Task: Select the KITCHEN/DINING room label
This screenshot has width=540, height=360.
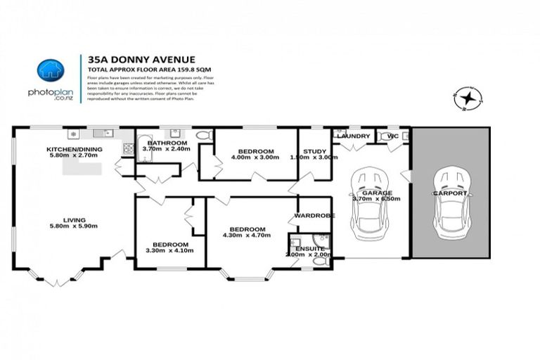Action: [x=74, y=150]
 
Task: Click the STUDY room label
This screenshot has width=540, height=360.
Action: [x=314, y=151]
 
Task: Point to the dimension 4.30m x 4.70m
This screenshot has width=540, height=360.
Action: [x=246, y=236]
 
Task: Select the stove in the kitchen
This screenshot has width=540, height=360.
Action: [x=129, y=148]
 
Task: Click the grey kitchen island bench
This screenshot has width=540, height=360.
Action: [x=82, y=169]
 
